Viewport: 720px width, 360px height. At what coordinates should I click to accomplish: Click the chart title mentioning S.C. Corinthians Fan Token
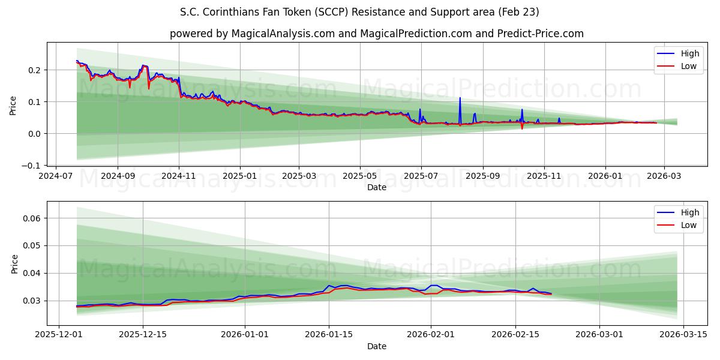pyautogui.click(x=359, y=12)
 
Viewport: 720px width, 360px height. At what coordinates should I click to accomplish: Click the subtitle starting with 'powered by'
pyautogui.click(x=376, y=34)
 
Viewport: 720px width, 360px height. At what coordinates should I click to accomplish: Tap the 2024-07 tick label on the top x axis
pyautogui.click(x=56, y=176)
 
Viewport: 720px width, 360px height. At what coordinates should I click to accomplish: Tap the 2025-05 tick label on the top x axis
pyautogui.click(x=360, y=176)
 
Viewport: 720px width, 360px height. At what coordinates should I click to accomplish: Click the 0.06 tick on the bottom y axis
pyautogui.click(x=32, y=218)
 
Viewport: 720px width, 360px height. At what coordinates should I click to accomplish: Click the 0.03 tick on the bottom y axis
pyautogui.click(x=32, y=301)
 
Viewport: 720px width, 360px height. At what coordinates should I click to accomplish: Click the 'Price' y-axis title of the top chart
pyautogui.click(x=13, y=105)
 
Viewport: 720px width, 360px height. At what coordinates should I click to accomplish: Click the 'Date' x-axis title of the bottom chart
pyautogui.click(x=376, y=346)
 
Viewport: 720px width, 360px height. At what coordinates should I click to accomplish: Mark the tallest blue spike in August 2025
pyautogui.click(x=460, y=98)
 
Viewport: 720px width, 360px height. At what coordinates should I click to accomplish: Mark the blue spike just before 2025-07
pyautogui.click(x=420, y=110)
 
